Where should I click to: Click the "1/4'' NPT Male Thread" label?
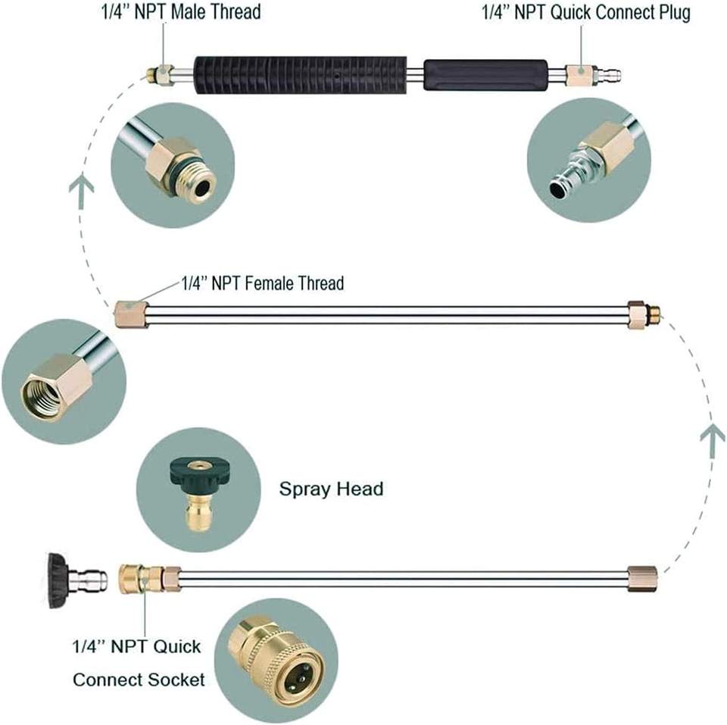[x=181, y=11]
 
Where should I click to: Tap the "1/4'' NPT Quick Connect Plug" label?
[x=586, y=13]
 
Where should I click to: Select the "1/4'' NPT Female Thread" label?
[x=263, y=283]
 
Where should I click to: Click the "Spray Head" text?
[x=331, y=489]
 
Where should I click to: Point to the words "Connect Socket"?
[x=139, y=680]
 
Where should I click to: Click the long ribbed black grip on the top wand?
[x=301, y=75]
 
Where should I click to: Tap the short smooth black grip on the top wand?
[x=485, y=75]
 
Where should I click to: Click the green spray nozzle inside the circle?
[x=198, y=490]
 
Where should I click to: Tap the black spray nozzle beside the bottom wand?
[x=77, y=580]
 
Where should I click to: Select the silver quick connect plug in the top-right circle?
[x=575, y=173]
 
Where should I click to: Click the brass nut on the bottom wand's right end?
[x=642, y=579]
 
